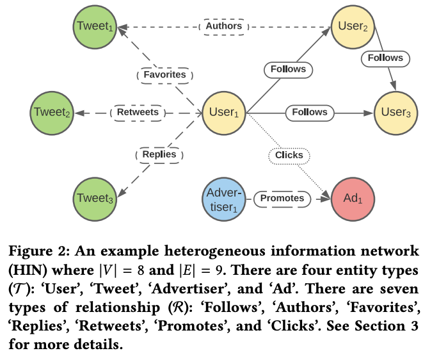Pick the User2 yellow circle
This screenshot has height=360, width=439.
click(352, 26)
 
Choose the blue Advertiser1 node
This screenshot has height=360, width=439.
click(224, 199)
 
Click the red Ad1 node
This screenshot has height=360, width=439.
click(352, 199)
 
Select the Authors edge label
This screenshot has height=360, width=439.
click(224, 26)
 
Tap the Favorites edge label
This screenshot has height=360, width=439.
click(165, 74)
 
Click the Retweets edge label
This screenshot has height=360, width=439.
click(138, 113)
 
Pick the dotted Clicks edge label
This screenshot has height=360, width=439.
click(289, 155)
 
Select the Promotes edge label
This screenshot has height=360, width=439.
click(283, 199)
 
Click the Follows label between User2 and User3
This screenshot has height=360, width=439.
click(386, 58)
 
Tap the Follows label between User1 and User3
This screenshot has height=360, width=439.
click(310, 113)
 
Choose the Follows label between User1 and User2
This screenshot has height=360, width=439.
click(289, 69)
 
